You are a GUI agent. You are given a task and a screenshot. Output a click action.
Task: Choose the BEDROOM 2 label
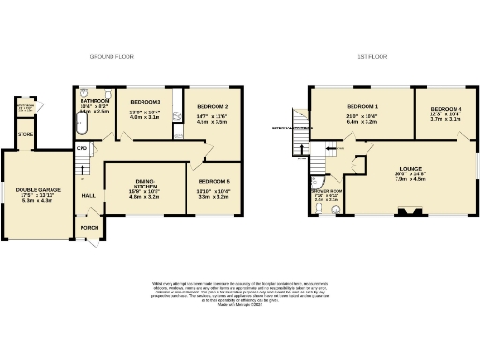click(215, 107)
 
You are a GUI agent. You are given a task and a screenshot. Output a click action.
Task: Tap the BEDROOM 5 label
click(215, 180)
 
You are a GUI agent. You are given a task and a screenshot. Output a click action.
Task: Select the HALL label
click(89, 195)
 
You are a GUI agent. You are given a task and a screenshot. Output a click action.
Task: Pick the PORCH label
click(89, 227)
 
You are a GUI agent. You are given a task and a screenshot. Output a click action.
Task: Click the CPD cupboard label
click(82, 148)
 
